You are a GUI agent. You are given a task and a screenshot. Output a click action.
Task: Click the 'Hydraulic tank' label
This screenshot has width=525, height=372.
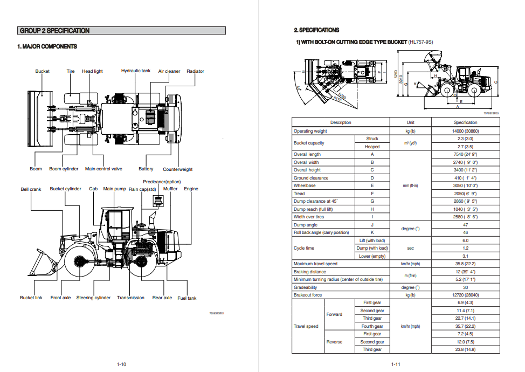(135, 71)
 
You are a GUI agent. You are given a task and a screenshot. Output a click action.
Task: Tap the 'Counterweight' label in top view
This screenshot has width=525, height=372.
(177, 169)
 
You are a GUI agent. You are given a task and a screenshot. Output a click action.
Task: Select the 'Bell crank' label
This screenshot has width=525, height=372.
(31, 189)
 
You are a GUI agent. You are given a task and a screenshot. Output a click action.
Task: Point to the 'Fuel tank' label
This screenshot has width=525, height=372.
(187, 298)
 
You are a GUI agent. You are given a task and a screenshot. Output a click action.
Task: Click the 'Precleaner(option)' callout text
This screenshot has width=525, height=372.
(162, 182)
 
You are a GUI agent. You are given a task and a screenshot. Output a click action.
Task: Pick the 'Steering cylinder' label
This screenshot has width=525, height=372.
(93, 298)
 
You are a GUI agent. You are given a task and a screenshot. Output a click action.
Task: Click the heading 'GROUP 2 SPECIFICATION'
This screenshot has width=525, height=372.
(54, 31)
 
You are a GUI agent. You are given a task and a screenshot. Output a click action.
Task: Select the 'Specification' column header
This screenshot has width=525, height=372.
(465, 122)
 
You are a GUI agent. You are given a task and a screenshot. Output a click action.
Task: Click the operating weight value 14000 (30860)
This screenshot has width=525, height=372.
(465, 131)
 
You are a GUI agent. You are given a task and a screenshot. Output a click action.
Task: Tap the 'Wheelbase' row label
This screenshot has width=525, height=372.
(305, 185)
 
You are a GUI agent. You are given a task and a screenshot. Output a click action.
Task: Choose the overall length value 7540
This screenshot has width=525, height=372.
(465, 154)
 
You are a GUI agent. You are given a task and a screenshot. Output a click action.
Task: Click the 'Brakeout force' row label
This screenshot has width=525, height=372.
(308, 295)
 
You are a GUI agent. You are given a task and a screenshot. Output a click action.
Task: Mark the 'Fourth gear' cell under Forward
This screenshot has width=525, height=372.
(372, 326)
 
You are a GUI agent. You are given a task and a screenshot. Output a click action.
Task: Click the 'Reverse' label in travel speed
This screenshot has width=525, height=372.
(334, 342)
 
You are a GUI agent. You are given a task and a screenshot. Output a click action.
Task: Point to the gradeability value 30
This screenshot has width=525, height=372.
(465, 287)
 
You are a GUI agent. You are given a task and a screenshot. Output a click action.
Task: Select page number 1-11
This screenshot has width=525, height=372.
(396, 364)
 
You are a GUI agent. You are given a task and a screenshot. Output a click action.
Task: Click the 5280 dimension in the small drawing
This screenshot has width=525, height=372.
(396, 75)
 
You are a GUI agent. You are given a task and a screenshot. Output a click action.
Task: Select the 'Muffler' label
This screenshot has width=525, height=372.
(170, 189)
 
